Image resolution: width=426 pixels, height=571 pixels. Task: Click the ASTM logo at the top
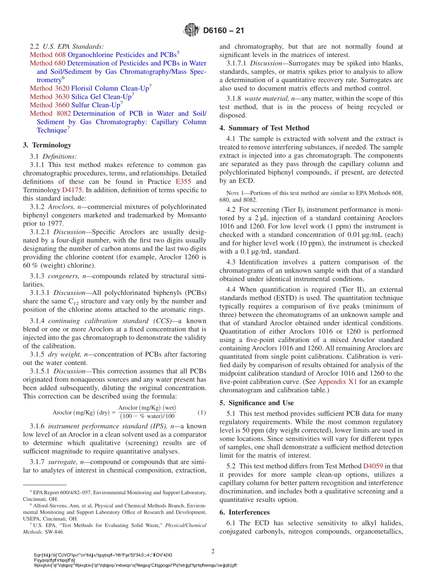click(191, 31)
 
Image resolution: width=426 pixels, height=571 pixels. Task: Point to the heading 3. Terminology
click(47, 145)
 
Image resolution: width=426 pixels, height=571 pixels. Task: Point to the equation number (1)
click(201, 413)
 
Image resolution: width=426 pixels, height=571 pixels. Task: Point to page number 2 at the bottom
click(213, 551)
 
